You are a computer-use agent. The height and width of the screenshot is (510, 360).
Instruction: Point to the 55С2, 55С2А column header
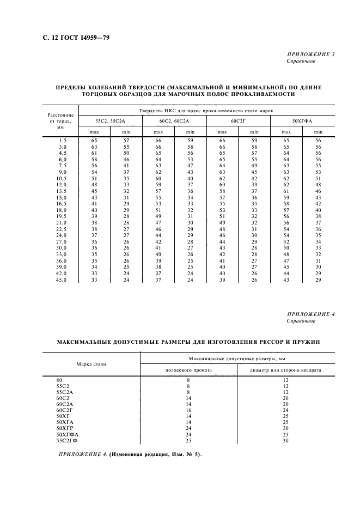click(111, 120)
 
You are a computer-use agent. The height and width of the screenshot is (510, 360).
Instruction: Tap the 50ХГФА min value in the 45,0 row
click(318, 280)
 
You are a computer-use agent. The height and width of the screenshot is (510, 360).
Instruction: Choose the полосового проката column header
click(188, 370)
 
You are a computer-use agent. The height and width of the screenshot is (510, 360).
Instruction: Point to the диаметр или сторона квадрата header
click(285, 370)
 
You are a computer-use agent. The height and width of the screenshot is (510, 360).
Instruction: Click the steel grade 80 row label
click(59, 379)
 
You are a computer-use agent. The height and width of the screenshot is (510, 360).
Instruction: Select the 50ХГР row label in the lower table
click(65, 428)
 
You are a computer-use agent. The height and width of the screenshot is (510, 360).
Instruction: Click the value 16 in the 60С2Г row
click(188, 410)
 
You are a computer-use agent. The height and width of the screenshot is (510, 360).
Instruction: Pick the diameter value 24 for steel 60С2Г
click(285, 410)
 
